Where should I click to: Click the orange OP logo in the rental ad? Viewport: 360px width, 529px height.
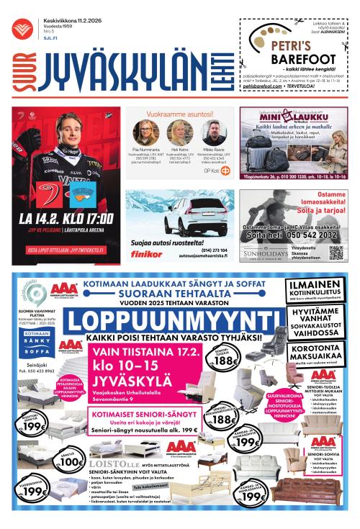[x=225, y=171]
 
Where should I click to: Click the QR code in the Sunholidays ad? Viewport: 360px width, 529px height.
[x=336, y=252]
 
